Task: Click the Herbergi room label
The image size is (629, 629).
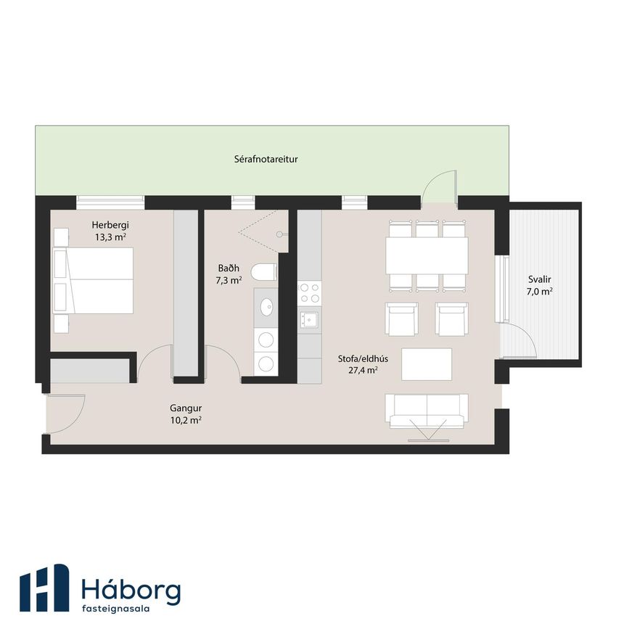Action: tap(110, 225)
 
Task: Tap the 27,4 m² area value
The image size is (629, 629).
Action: tap(363, 370)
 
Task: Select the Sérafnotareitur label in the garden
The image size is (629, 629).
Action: tap(266, 160)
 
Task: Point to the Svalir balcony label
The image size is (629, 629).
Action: tap(540, 279)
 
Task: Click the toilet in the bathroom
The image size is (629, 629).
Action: tap(264, 272)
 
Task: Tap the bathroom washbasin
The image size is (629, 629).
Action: tap(266, 308)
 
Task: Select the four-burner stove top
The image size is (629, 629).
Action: tap(309, 293)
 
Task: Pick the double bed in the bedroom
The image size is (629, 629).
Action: tap(93, 281)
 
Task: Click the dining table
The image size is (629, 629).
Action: tap(427, 256)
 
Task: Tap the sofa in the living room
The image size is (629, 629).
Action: tap(427, 411)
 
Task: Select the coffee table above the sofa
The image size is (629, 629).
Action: tap(427, 364)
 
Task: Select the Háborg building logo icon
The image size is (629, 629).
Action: tap(44, 588)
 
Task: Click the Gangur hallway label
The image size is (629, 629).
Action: tap(186, 408)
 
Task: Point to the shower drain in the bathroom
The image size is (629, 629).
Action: tap(279, 234)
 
